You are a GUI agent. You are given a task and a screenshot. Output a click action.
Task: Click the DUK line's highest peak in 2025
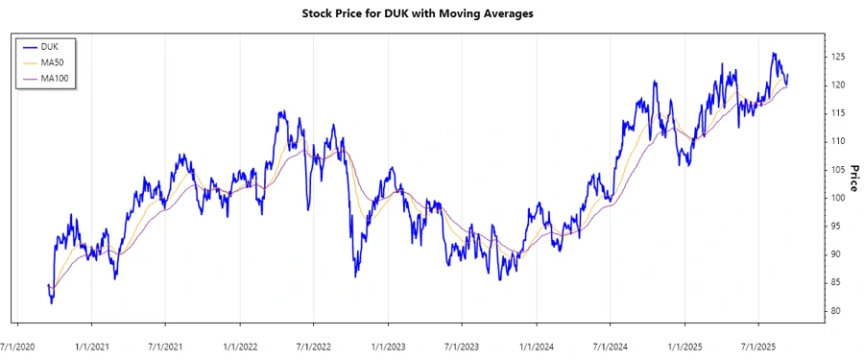coord(774,54)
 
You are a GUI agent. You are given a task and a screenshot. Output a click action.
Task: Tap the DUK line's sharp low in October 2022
coord(355,276)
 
